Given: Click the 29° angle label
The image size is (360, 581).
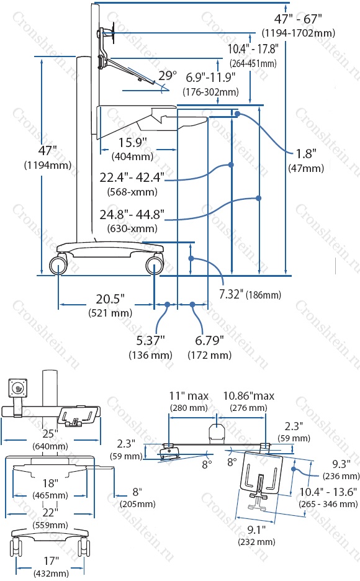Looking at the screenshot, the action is click(x=168, y=76).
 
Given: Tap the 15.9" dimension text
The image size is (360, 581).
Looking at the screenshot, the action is click(x=133, y=142).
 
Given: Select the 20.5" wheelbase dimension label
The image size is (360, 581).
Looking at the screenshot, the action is click(x=110, y=299).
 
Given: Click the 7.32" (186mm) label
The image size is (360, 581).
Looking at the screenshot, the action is click(x=250, y=295).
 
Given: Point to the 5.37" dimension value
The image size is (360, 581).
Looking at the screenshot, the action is click(x=150, y=340).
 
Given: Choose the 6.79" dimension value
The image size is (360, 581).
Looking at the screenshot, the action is click(x=209, y=340).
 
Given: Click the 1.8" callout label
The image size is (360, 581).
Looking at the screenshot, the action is click(x=306, y=153).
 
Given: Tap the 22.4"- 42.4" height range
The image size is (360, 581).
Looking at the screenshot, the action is click(x=132, y=177).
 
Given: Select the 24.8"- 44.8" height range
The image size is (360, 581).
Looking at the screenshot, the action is click(x=132, y=214).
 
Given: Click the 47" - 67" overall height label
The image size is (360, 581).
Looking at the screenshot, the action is click(x=298, y=19).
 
